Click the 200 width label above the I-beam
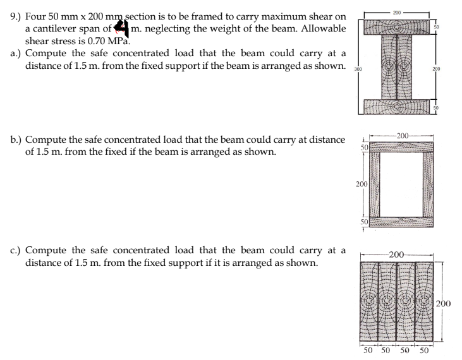[396, 12]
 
